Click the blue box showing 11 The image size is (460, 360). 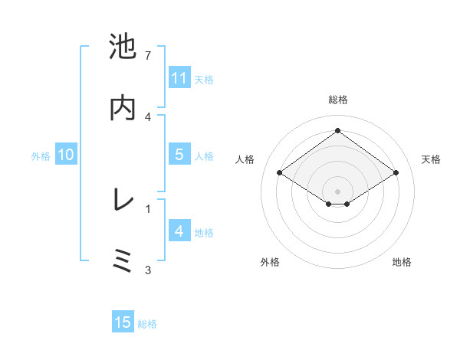point(179,78)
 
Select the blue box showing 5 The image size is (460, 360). point(179,155)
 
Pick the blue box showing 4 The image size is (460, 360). point(179,231)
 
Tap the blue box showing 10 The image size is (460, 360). point(66,155)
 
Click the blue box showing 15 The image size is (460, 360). point(123,322)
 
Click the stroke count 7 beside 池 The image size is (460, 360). point(148,56)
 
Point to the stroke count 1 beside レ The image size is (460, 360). point(148,208)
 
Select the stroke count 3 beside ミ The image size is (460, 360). point(148,270)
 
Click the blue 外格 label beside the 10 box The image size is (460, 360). point(41,155)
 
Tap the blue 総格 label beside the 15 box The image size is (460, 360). point(147,324)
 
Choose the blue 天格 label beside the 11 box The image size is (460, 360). point(204,79)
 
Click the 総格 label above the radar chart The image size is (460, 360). point(337,100)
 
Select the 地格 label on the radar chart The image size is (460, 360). point(402,262)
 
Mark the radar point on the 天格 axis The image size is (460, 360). point(396,173)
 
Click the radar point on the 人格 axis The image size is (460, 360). point(280,173)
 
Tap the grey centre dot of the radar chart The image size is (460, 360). point(337,191)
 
